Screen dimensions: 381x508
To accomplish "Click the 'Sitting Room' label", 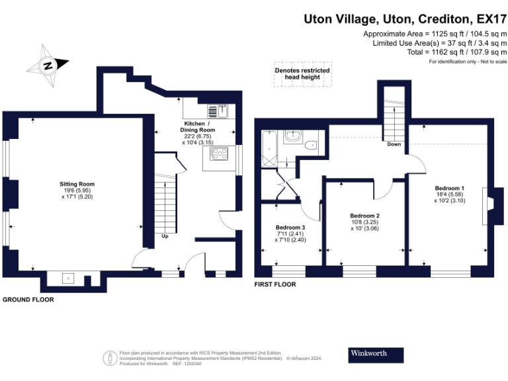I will pos(77,185).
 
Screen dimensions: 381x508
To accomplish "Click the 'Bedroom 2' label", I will pos(364,216).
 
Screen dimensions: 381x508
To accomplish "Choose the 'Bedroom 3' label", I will pos(290,228).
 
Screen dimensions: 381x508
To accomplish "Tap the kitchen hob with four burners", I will pos(218,153).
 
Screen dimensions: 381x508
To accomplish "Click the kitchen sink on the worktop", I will pos(222,110).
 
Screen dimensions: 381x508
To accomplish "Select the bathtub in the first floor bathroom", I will pos(269,149).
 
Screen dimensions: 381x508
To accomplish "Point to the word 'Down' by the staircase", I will pos(394,145).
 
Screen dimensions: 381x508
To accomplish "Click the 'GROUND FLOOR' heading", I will pos(28,300).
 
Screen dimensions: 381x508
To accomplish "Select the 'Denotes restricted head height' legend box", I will pos(302,74).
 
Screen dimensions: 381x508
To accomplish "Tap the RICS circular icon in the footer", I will pos(108,358).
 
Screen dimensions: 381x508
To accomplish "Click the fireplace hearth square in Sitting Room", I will pos(68,278).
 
